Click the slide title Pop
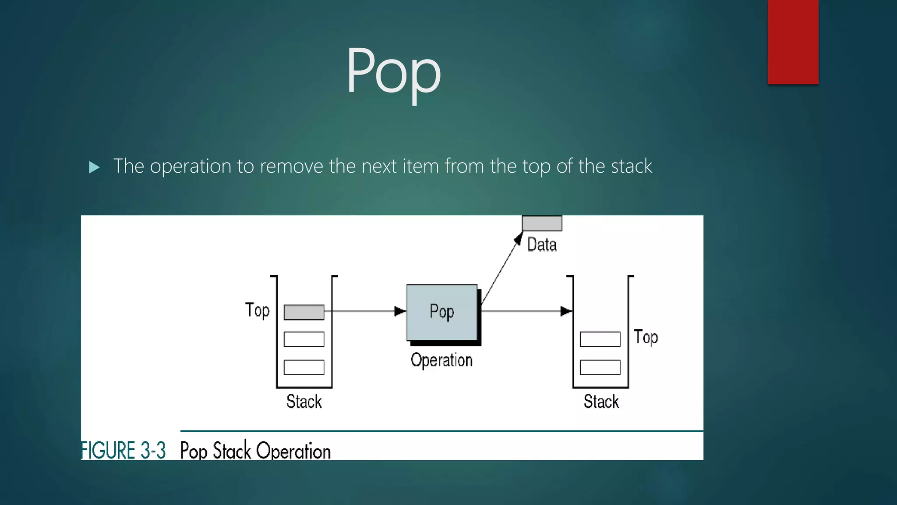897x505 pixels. [393, 71]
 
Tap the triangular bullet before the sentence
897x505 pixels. [94, 167]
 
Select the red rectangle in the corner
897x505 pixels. [793, 42]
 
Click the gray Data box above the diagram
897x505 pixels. [542, 223]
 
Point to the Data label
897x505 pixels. [542, 245]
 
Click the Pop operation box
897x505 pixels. [442, 312]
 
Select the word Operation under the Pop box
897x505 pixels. [441, 360]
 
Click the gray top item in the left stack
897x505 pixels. [304, 312]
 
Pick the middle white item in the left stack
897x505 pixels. [304, 339]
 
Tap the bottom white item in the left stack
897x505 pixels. [304, 367]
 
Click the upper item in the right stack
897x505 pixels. [600, 339]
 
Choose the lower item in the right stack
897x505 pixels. [600, 367]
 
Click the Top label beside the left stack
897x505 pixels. [258, 310]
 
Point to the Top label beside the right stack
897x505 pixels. [646, 338]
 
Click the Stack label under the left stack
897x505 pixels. [304, 402]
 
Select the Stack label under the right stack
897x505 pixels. [601, 402]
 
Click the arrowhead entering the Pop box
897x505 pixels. [400, 311]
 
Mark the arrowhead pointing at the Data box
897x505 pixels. [518, 238]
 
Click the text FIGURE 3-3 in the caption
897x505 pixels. [124, 451]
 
